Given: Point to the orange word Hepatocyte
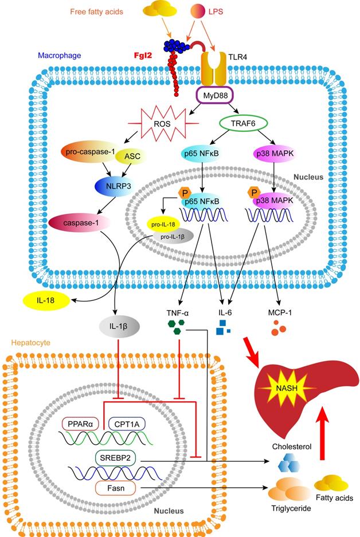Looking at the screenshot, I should click(31, 343).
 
